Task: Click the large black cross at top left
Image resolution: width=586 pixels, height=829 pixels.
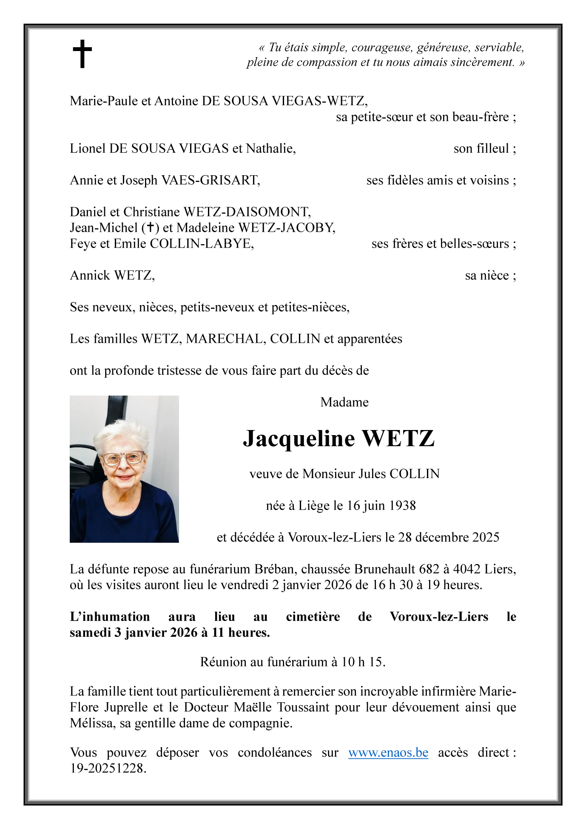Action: (x=82, y=54)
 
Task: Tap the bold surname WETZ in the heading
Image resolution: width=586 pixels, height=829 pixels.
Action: (x=398, y=439)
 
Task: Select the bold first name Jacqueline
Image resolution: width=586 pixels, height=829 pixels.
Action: (x=299, y=439)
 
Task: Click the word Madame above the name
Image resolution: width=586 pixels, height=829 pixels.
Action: (x=344, y=402)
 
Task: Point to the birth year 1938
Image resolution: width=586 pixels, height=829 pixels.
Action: (x=402, y=505)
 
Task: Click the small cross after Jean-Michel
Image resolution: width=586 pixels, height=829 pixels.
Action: (x=150, y=228)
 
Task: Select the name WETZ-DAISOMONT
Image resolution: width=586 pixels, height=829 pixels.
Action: (x=247, y=212)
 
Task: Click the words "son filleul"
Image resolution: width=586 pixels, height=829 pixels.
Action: (x=481, y=148)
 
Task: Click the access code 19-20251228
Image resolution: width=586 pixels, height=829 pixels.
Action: (x=108, y=768)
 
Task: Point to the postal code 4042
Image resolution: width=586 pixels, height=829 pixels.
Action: (x=467, y=569)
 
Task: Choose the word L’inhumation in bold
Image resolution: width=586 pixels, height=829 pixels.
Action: (x=110, y=617)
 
